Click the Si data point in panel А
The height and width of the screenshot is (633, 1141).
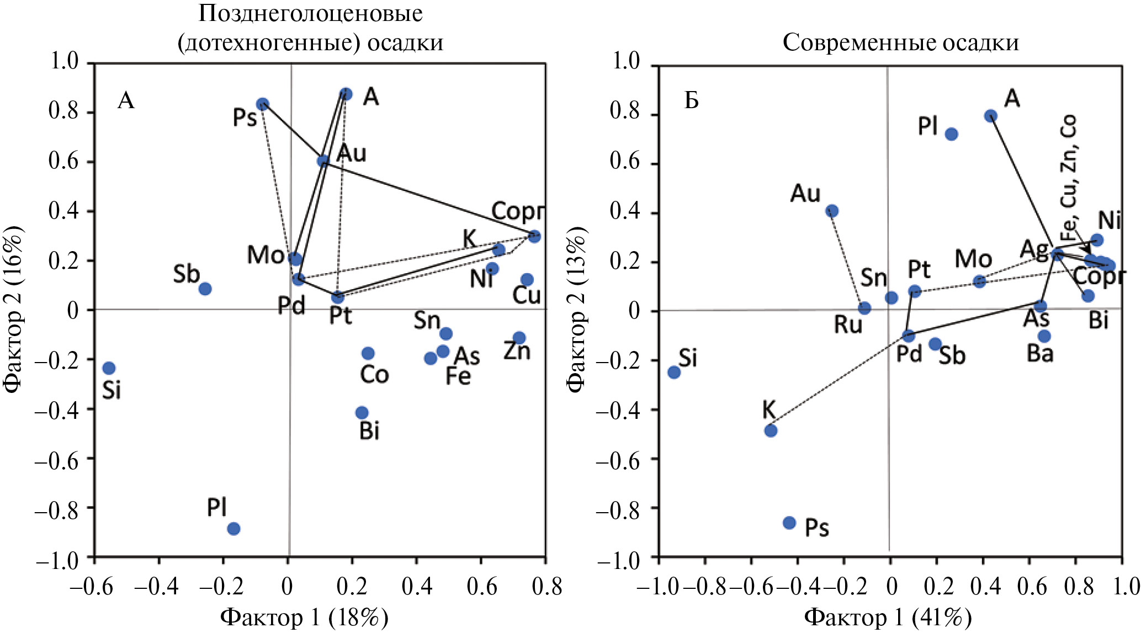(x=109, y=368)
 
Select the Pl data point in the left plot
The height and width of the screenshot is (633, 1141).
(x=233, y=529)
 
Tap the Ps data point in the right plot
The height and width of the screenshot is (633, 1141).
(x=789, y=523)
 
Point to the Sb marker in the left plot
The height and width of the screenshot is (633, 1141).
(x=205, y=289)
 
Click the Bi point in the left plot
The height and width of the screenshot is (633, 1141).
(x=362, y=413)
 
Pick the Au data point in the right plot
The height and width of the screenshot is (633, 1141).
(x=832, y=211)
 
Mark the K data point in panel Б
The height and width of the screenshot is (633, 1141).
(x=771, y=430)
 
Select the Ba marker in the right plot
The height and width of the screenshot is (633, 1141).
(x=1044, y=336)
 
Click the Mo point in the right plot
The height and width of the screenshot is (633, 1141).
(x=979, y=281)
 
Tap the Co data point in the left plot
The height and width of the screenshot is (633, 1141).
(x=368, y=353)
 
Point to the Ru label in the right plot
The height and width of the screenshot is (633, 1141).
(x=848, y=325)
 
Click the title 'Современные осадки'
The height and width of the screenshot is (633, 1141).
(x=900, y=42)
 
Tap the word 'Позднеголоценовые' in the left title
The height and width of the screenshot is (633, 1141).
(x=310, y=13)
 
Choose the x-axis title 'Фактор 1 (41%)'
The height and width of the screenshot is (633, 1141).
(x=888, y=617)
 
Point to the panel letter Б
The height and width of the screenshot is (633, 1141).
(x=691, y=101)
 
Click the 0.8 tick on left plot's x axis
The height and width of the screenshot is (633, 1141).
(x=546, y=587)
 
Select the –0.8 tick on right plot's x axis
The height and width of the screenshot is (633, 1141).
(x=704, y=587)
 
